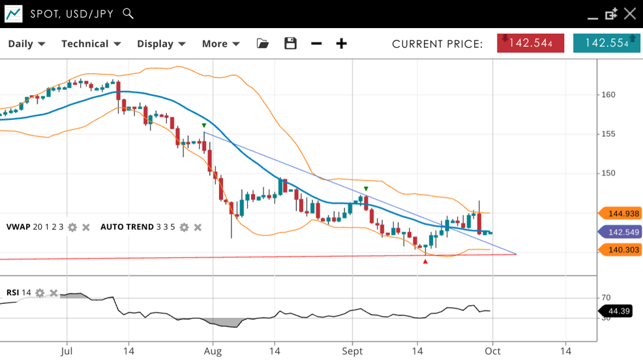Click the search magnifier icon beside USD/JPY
tap(128, 14)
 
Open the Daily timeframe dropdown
tap(26, 44)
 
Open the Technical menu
tap(91, 44)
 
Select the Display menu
tap(161, 44)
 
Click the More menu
tap(220, 44)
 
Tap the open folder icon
tap(263, 44)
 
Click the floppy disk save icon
tap(291, 44)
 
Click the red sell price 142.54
tap(530, 43)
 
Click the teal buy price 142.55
tap(606, 43)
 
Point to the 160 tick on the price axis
tap(608, 95)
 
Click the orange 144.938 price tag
tap(622, 213)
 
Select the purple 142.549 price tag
tap(622, 232)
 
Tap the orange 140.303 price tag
tap(622, 250)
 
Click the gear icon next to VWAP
tap(72, 227)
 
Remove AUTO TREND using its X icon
tap(198, 227)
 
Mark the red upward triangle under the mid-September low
tap(425, 262)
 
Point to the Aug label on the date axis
tap(213, 351)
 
